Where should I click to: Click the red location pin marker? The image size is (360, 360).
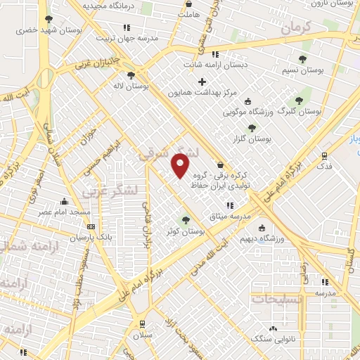pos(181,165)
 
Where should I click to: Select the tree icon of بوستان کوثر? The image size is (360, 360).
pos(186,220)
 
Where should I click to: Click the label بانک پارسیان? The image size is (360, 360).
pos(91,237)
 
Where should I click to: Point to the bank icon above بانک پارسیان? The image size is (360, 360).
pos(91,226)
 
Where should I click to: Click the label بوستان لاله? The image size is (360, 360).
pos(131,86)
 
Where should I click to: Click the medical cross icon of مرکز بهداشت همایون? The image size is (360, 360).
pos(202,82)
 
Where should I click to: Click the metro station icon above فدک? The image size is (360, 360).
pos(324,156)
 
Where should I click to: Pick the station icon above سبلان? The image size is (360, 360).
pos(143,324)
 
